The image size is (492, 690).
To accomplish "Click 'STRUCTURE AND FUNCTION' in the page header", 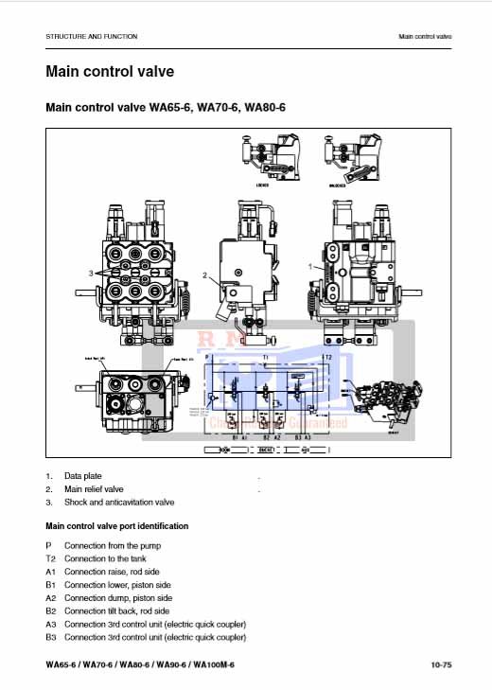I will (x=91, y=36).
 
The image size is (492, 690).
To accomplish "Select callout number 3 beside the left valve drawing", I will (x=92, y=273).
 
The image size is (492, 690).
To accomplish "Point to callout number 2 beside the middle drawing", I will (x=204, y=275).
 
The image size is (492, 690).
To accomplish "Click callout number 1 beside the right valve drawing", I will (x=310, y=268).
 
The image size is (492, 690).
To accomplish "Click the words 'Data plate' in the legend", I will (x=82, y=475).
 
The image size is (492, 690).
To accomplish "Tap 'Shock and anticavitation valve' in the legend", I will (x=119, y=502).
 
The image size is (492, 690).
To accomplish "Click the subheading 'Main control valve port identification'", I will (x=116, y=525).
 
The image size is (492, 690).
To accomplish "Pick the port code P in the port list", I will (x=48, y=546).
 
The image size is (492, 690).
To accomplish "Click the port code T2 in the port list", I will (x=50, y=559).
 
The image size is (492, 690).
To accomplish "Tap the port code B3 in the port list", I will (x=50, y=637).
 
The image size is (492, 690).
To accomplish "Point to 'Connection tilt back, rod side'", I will (x=119, y=611).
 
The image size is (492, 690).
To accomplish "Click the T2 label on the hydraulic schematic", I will (x=326, y=357).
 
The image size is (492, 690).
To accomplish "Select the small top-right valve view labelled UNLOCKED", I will (x=351, y=153).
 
